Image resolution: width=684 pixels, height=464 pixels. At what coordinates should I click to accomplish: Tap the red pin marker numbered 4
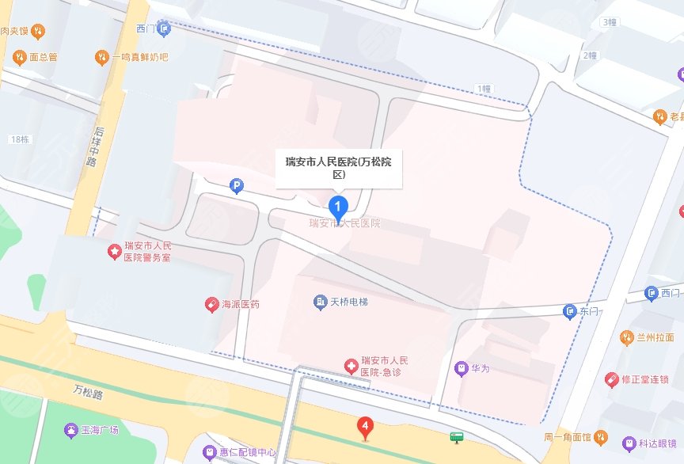[364, 428]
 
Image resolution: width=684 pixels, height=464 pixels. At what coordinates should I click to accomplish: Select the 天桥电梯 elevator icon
[320, 302]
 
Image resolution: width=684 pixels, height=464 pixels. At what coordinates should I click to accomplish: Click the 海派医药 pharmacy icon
[211, 304]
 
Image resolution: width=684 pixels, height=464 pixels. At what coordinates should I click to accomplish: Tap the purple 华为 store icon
[461, 367]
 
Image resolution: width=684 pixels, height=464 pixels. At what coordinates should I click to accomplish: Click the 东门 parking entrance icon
[569, 312]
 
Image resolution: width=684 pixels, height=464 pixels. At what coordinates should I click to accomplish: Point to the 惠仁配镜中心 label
[248, 453]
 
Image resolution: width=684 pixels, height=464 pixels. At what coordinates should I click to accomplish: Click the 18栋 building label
[20, 139]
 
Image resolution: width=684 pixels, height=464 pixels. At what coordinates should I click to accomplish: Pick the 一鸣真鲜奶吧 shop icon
[101, 57]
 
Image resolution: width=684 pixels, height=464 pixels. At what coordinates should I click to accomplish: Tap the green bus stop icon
[457, 436]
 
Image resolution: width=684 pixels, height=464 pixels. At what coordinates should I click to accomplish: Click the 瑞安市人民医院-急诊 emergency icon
[350, 365]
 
